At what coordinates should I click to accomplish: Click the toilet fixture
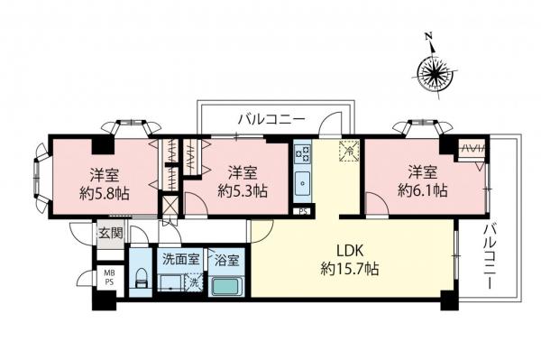[137, 280]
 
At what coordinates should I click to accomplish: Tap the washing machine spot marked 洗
[192, 283]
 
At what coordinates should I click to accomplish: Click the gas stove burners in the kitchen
[303, 152]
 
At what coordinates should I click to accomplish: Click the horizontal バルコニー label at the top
[271, 118]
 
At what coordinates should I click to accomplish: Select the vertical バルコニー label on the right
[491, 256]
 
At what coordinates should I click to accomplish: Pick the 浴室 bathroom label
[226, 260]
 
